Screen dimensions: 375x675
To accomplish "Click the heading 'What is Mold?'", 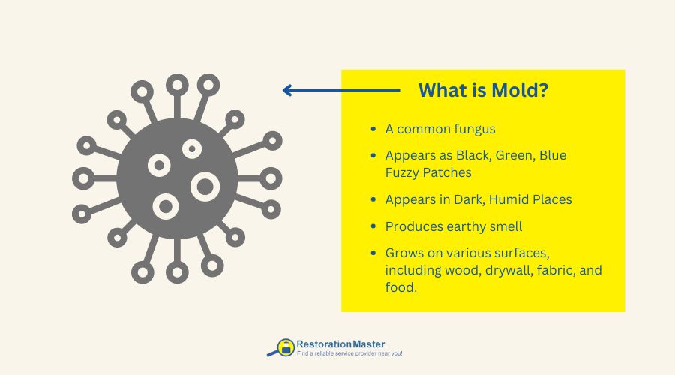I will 483,91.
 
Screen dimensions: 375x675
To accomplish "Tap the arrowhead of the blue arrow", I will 287,91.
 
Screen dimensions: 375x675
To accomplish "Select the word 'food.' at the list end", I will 401,286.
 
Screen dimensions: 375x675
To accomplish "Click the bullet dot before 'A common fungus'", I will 373,129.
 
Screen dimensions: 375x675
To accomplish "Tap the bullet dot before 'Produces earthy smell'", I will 373,226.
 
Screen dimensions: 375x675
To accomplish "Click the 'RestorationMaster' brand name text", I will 340,343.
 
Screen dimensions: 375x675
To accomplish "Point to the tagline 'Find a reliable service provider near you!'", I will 349,353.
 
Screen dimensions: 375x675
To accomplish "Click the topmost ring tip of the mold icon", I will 177,84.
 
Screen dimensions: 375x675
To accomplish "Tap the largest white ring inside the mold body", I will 204,186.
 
